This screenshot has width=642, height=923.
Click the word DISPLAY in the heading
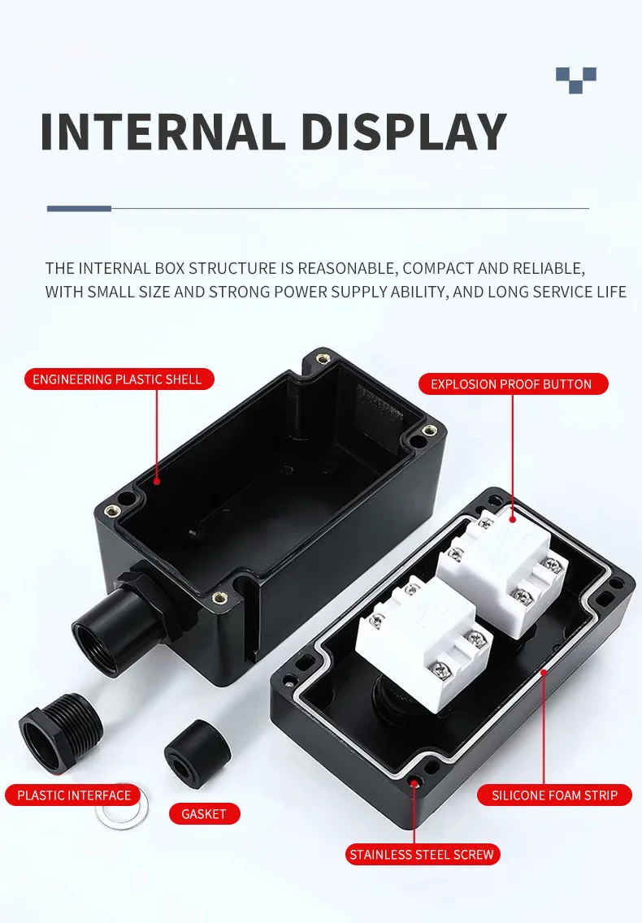click(404, 132)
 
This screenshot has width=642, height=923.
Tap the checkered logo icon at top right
click(576, 80)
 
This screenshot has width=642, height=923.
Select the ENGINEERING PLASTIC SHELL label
click(118, 379)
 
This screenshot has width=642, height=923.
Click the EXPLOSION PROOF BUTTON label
click(511, 384)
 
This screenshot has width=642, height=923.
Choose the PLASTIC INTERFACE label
click(74, 795)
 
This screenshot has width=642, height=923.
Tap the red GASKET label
click(204, 813)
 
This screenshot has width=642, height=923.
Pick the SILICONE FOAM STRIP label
click(555, 795)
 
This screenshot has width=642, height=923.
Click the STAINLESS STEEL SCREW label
click(422, 854)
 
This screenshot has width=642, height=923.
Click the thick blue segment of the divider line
click(79, 209)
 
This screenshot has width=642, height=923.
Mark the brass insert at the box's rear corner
click(323, 357)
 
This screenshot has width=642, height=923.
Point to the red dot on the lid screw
click(415, 782)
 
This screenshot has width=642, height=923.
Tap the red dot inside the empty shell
click(158, 481)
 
